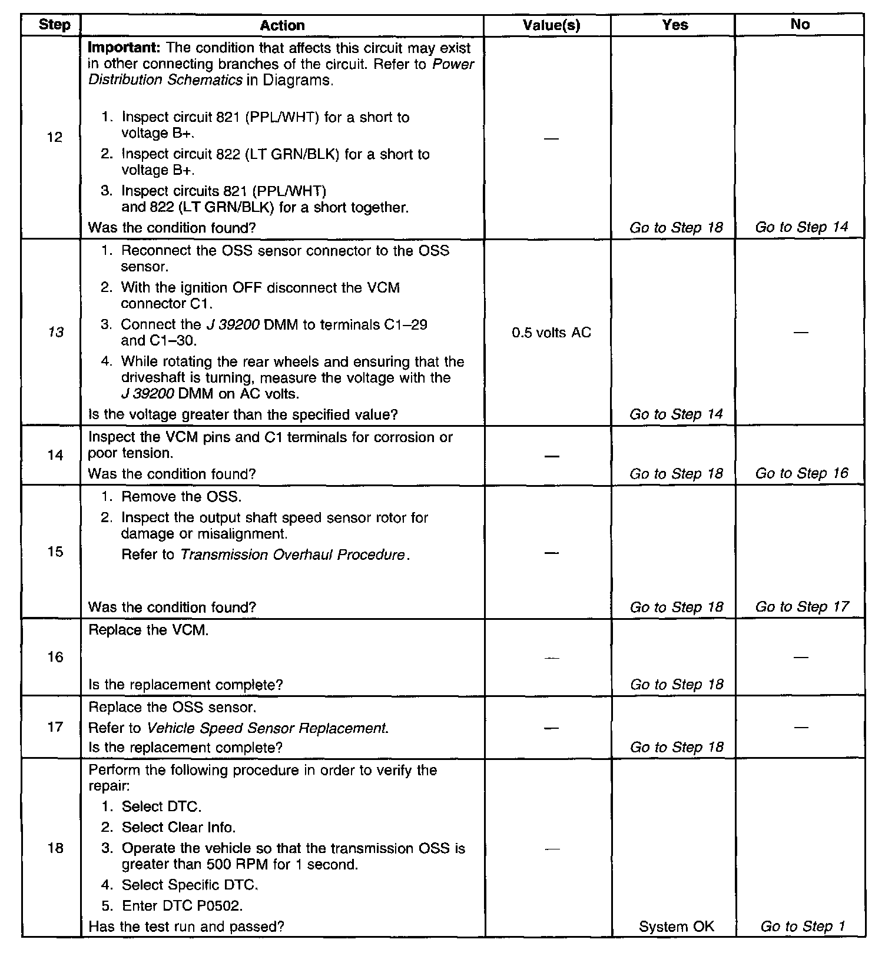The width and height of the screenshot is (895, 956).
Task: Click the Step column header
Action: click(54, 25)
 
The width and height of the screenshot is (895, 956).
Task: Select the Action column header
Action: click(282, 25)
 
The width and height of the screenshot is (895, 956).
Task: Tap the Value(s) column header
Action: click(551, 25)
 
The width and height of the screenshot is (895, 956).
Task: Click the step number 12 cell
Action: click(55, 137)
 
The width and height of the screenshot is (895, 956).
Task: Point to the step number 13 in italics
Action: click(55, 332)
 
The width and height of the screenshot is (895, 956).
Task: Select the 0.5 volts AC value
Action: click(551, 333)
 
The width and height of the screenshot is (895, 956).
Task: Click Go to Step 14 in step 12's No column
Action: click(801, 227)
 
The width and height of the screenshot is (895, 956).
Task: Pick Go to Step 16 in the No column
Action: click(801, 473)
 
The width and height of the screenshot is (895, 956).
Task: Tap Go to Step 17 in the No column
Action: click(801, 606)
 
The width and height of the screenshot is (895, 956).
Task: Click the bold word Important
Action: click(124, 48)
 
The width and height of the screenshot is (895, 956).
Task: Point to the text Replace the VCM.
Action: click(148, 630)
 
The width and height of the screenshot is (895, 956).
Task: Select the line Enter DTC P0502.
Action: click(182, 905)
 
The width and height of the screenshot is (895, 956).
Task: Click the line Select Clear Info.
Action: click(178, 827)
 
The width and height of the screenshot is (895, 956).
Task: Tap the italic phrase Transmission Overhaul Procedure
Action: click(293, 555)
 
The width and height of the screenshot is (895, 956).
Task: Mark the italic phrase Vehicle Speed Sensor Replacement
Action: click(267, 728)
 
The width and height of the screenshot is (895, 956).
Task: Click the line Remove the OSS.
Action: click(181, 496)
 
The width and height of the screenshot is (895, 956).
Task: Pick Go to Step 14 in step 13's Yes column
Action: click(676, 414)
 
